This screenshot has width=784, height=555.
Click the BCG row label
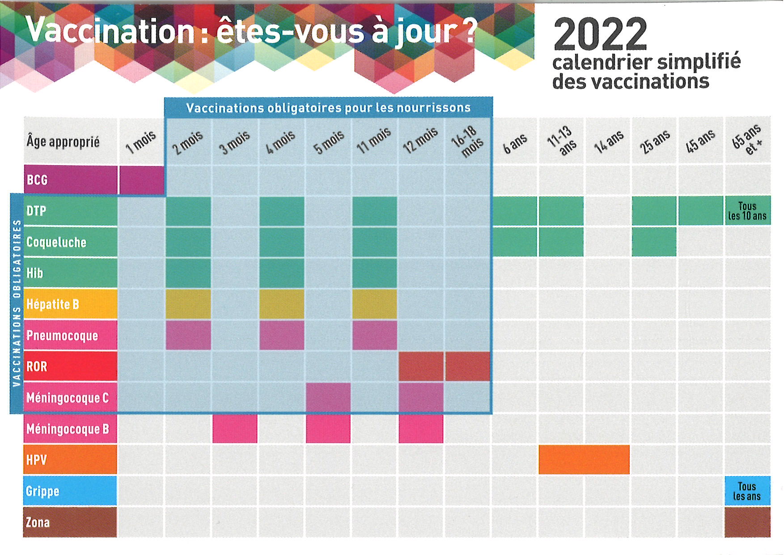click(x=70, y=180)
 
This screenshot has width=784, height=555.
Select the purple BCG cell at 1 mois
click(x=142, y=180)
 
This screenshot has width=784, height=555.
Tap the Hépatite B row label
click(x=70, y=304)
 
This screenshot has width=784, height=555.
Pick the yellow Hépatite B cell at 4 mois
click(x=282, y=304)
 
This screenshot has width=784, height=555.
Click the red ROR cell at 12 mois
click(x=421, y=366)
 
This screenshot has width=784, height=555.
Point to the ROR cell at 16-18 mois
click(x=468, y=366)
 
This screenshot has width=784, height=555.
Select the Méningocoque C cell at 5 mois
click(x=328, y=397)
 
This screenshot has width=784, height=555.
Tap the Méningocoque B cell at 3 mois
click(x=235, y=429)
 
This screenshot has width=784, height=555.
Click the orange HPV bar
click(x=584, y=460)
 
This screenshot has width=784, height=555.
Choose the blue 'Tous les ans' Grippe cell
click(x=747, y=491)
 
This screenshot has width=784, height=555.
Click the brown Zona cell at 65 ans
click(x=747, y=522)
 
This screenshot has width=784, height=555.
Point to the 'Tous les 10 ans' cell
click(x=747, y=211)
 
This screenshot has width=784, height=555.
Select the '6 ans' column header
click(x=515, y=142)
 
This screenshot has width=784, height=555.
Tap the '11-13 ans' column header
click(x=561, y=141)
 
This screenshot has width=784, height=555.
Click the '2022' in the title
click(x=600, y=34)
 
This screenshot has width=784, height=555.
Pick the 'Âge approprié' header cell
click(x=70, y=141)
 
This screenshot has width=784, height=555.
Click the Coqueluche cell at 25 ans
click(x=654, y=242)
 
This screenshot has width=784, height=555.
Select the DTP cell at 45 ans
click(x=700, y=211)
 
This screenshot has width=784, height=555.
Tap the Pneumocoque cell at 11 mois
click(x=375, y=335)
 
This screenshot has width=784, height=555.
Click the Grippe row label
click(x=70, y=491)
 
